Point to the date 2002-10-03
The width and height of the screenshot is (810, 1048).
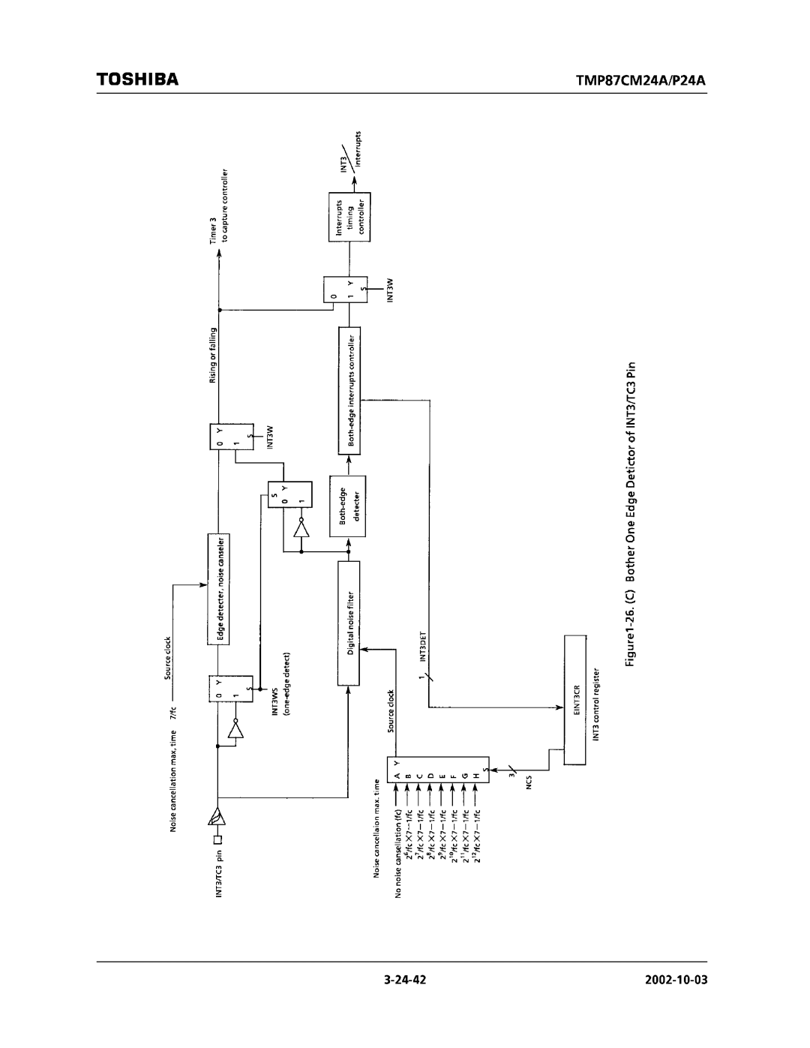click(x=676, y=980)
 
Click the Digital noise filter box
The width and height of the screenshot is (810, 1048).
click(x=349, y=626)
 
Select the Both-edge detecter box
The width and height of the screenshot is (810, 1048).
click(x=349, y=506)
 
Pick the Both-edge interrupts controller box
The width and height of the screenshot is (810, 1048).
click(x=349, y=390)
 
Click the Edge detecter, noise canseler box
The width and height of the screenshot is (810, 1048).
click(x=220, y=590)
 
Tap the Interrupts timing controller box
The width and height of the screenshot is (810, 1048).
click(x=349, y=217)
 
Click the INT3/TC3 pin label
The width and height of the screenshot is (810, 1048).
click(x=220, y=874)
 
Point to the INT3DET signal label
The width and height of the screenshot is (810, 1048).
click(x=422, y=647)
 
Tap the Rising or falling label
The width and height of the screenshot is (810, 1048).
click(x=213, y=355)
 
